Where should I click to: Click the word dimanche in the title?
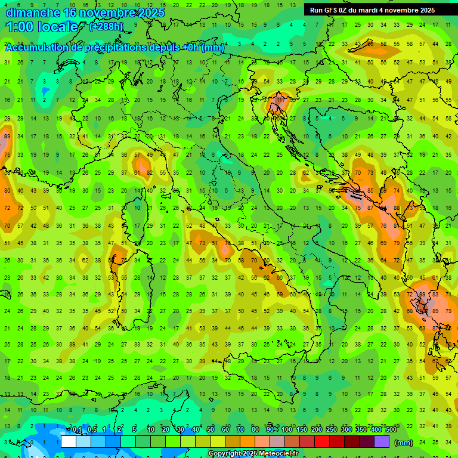[32, 13]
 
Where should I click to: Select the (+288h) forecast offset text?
[107, 27]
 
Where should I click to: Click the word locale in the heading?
[57, 27]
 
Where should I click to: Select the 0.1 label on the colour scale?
[77, 430]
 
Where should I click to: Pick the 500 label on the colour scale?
[391, 430]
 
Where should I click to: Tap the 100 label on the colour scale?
[286, 430]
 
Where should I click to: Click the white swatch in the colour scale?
[69, 441]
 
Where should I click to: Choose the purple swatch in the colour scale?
[382, 441]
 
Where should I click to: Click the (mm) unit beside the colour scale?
[404, 442]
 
